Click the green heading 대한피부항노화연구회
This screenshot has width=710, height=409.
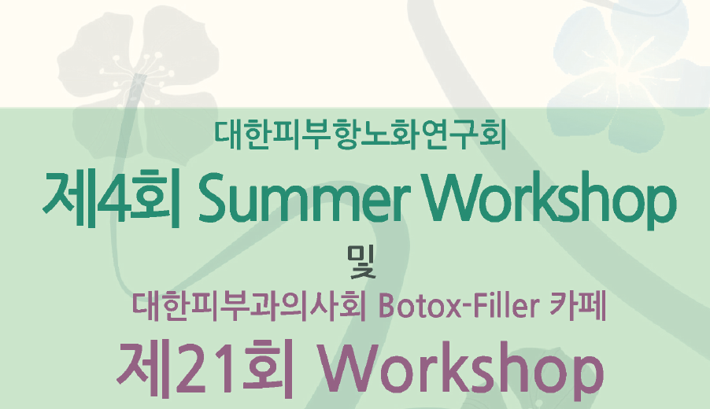(361, 134)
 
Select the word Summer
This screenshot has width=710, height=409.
(305, 198)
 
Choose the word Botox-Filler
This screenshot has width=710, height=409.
(459, 306)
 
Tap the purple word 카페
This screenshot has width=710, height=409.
(577, 306)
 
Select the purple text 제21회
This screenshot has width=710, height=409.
(205, 369)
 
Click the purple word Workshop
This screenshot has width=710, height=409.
(460, 370)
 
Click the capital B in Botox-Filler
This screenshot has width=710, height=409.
(387, 306)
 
